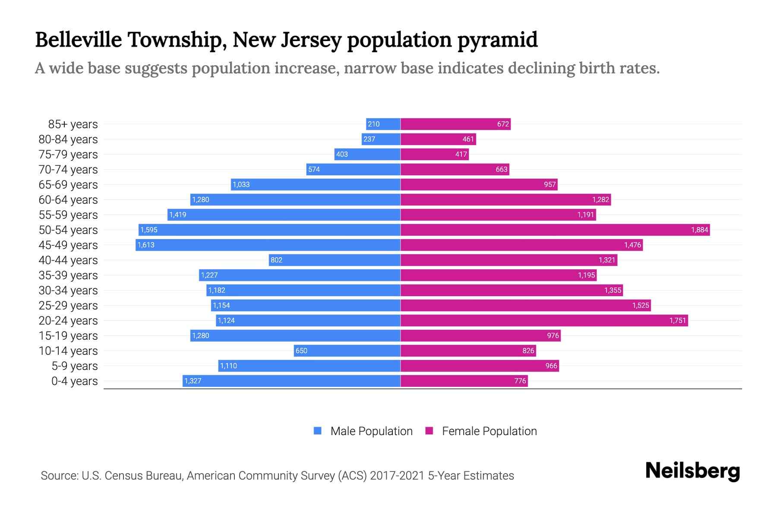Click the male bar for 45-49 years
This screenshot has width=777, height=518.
pyautogui.click(x=268, y=245)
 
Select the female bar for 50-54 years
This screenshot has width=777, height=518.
pyautogui.click(x=555, y=230)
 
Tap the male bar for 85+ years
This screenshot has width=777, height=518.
pyautogui.click(x=383, y=124)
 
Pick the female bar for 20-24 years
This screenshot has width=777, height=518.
pyautogui.click(x=544, y=320)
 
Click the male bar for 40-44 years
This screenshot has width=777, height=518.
pyautogui.click(x=335, y=260)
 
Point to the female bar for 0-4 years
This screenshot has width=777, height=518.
pyautogui.click(x=464, y=381)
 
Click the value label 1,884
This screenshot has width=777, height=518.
pyautogui.click(x=699, y=230)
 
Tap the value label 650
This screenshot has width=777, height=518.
pyautogui.click(x=301, y=351)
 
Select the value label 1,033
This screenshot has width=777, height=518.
pyautogui.click(x=241, y=184)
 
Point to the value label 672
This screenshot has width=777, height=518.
pyautogui.click(x=503, y=124)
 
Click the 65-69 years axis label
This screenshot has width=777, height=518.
pyautogui.click(x=68, y=184)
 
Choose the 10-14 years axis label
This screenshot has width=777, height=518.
pyautogui.click(x=68, y=351)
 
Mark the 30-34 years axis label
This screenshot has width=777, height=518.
pyautogui.click(x=68, y=290)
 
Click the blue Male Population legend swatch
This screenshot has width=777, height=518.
pyautogui.click(x=318, y=431)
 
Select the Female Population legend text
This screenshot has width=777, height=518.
pyautogui.click(x=489, y=431)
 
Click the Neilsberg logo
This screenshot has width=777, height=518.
pyautogui.click(x=692, y=471)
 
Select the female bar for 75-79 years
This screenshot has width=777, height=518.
pyautogui.click(x=435, y=154)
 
